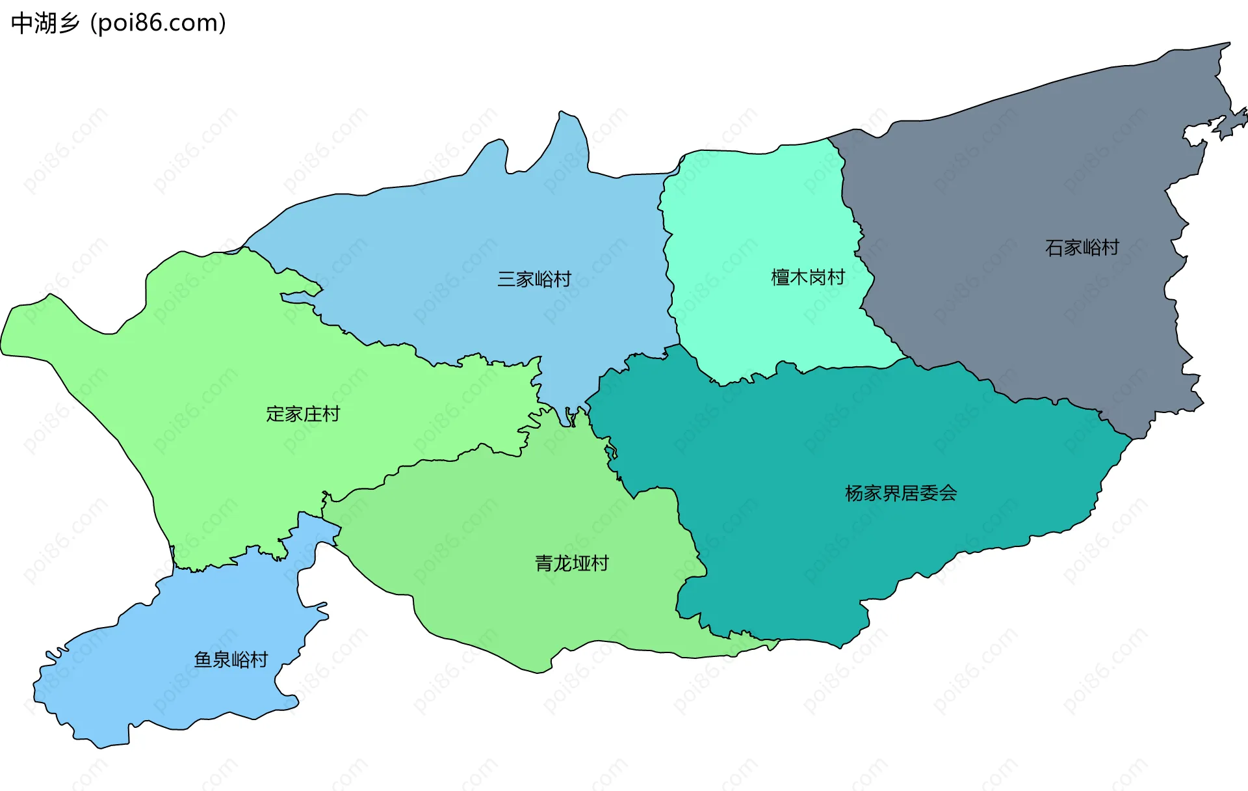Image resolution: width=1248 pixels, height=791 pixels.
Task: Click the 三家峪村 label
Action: coord(534,279)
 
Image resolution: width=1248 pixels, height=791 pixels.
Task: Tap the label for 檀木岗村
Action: coord(808,278)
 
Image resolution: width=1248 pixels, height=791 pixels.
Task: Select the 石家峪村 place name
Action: coord(1082,248)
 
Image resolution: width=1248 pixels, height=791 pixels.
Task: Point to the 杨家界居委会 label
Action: coord(901,493)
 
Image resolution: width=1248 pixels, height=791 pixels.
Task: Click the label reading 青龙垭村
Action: coord(572,563)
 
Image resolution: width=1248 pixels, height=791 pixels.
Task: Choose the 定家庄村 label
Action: coord(303,414)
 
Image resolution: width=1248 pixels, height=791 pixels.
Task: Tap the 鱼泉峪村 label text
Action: coord(231,660)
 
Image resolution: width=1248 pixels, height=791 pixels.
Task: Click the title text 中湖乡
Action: coord(45,23)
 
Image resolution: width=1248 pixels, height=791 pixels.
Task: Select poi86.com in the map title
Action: coord(159,23)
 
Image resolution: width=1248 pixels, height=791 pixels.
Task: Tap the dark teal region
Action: coord(812,553)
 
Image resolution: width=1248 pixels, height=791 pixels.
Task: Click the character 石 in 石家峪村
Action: coord(1054,248)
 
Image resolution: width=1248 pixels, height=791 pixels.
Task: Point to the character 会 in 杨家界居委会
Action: coord(948,493)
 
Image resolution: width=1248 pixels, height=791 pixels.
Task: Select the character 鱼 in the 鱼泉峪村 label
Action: coord(203,660)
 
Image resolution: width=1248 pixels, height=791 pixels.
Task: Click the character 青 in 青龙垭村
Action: coord(544,563)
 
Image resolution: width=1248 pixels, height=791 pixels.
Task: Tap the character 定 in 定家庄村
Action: coord(276,414)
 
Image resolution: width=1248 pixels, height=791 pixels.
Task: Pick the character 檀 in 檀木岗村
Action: coord(780,278)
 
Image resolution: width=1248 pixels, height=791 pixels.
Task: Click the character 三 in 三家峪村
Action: coord(506,279)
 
